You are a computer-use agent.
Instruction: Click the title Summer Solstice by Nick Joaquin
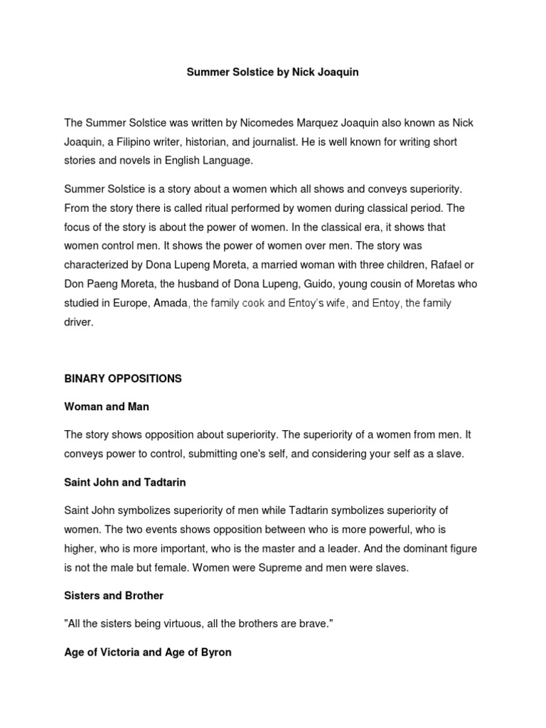coord(272,73)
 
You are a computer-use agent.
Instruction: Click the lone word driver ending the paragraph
coord(78,322)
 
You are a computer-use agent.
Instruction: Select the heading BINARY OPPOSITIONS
coord(123,379)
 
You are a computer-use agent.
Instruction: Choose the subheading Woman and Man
coord(107,407)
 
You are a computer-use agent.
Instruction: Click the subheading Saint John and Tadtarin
coord(125,482)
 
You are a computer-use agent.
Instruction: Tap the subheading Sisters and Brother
coord(114,595)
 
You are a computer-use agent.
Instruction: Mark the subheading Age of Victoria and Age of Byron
coord(148,651)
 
